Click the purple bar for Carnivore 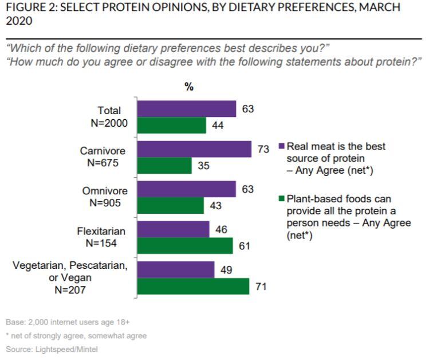click(x=195, y=149)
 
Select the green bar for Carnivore click(x=165, y=166)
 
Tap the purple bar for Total click(x=187, y=109)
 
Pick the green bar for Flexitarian click(x=186, y=245)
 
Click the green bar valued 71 click(x=194, y=286)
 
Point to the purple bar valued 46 click(x=174, y=229)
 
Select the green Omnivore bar click(x=171, y=205)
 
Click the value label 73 click(x=263, y=150)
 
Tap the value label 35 click(x=204, y=166)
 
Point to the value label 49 click(x=226, y=269)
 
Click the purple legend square click(x=281, y=147)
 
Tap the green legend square click(x=281, y=199)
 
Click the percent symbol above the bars click(x=189, y=87)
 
